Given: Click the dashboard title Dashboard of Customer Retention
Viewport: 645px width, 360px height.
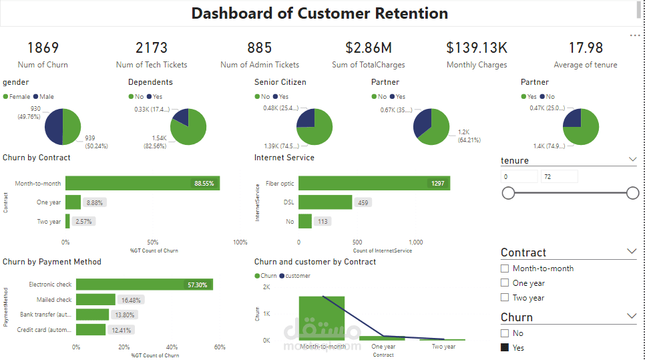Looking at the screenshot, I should click(x=319, y=13).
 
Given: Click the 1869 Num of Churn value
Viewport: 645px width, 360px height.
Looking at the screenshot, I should click(x=43, y=48).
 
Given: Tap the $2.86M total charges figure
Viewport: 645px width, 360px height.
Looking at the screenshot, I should click(x=368, y=48).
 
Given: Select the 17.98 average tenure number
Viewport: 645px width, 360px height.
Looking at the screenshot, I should click(x=586, y=48).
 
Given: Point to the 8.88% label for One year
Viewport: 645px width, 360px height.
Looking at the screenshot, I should click(x=94, y=202).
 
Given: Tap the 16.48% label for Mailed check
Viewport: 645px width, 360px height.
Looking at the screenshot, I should click(x=130, y=300).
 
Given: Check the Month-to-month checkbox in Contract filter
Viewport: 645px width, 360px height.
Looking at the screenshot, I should click(x=505, y=268).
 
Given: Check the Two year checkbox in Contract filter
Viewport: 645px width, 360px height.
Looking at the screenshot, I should click(x=505, y=298).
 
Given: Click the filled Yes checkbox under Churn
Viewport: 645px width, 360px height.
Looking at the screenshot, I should click(x=505, y=348).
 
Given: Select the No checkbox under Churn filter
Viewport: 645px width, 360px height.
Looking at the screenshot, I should click(x=505, y=333).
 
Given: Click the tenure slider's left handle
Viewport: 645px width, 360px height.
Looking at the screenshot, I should click(x=508, y=193).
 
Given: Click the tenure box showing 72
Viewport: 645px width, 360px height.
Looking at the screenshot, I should click(x=559, y=177).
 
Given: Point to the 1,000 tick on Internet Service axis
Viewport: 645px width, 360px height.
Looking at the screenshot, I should click(x=415, y=242).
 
